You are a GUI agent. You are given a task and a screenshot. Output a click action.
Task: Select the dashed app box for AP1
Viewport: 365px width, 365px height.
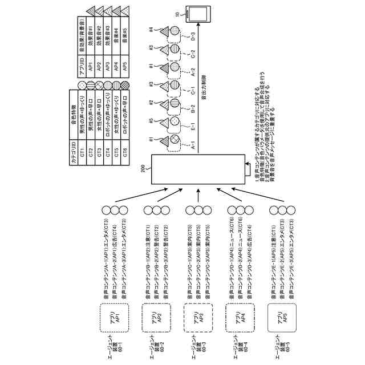pyautogui.click(x=112, y=318)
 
